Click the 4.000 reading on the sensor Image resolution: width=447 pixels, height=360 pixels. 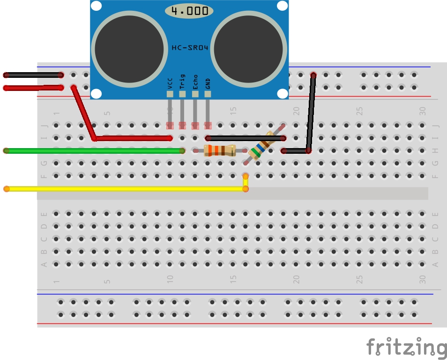coord(189,11)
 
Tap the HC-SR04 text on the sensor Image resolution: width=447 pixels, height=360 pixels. coord(189,48)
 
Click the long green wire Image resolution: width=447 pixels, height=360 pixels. coord(94,150)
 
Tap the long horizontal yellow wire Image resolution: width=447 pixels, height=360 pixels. coord(122,189)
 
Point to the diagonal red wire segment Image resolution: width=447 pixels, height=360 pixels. coord(84,112)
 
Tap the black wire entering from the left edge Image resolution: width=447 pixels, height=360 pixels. coord(33,75)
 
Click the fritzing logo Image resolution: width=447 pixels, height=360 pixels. coord(406,347)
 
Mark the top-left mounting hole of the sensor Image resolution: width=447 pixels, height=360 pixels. coord(96,7)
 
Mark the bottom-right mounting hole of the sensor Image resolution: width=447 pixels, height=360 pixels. coord(282,94)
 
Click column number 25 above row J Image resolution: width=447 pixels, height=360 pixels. coord(359,111)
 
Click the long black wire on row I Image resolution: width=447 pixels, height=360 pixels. coord(246,138)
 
